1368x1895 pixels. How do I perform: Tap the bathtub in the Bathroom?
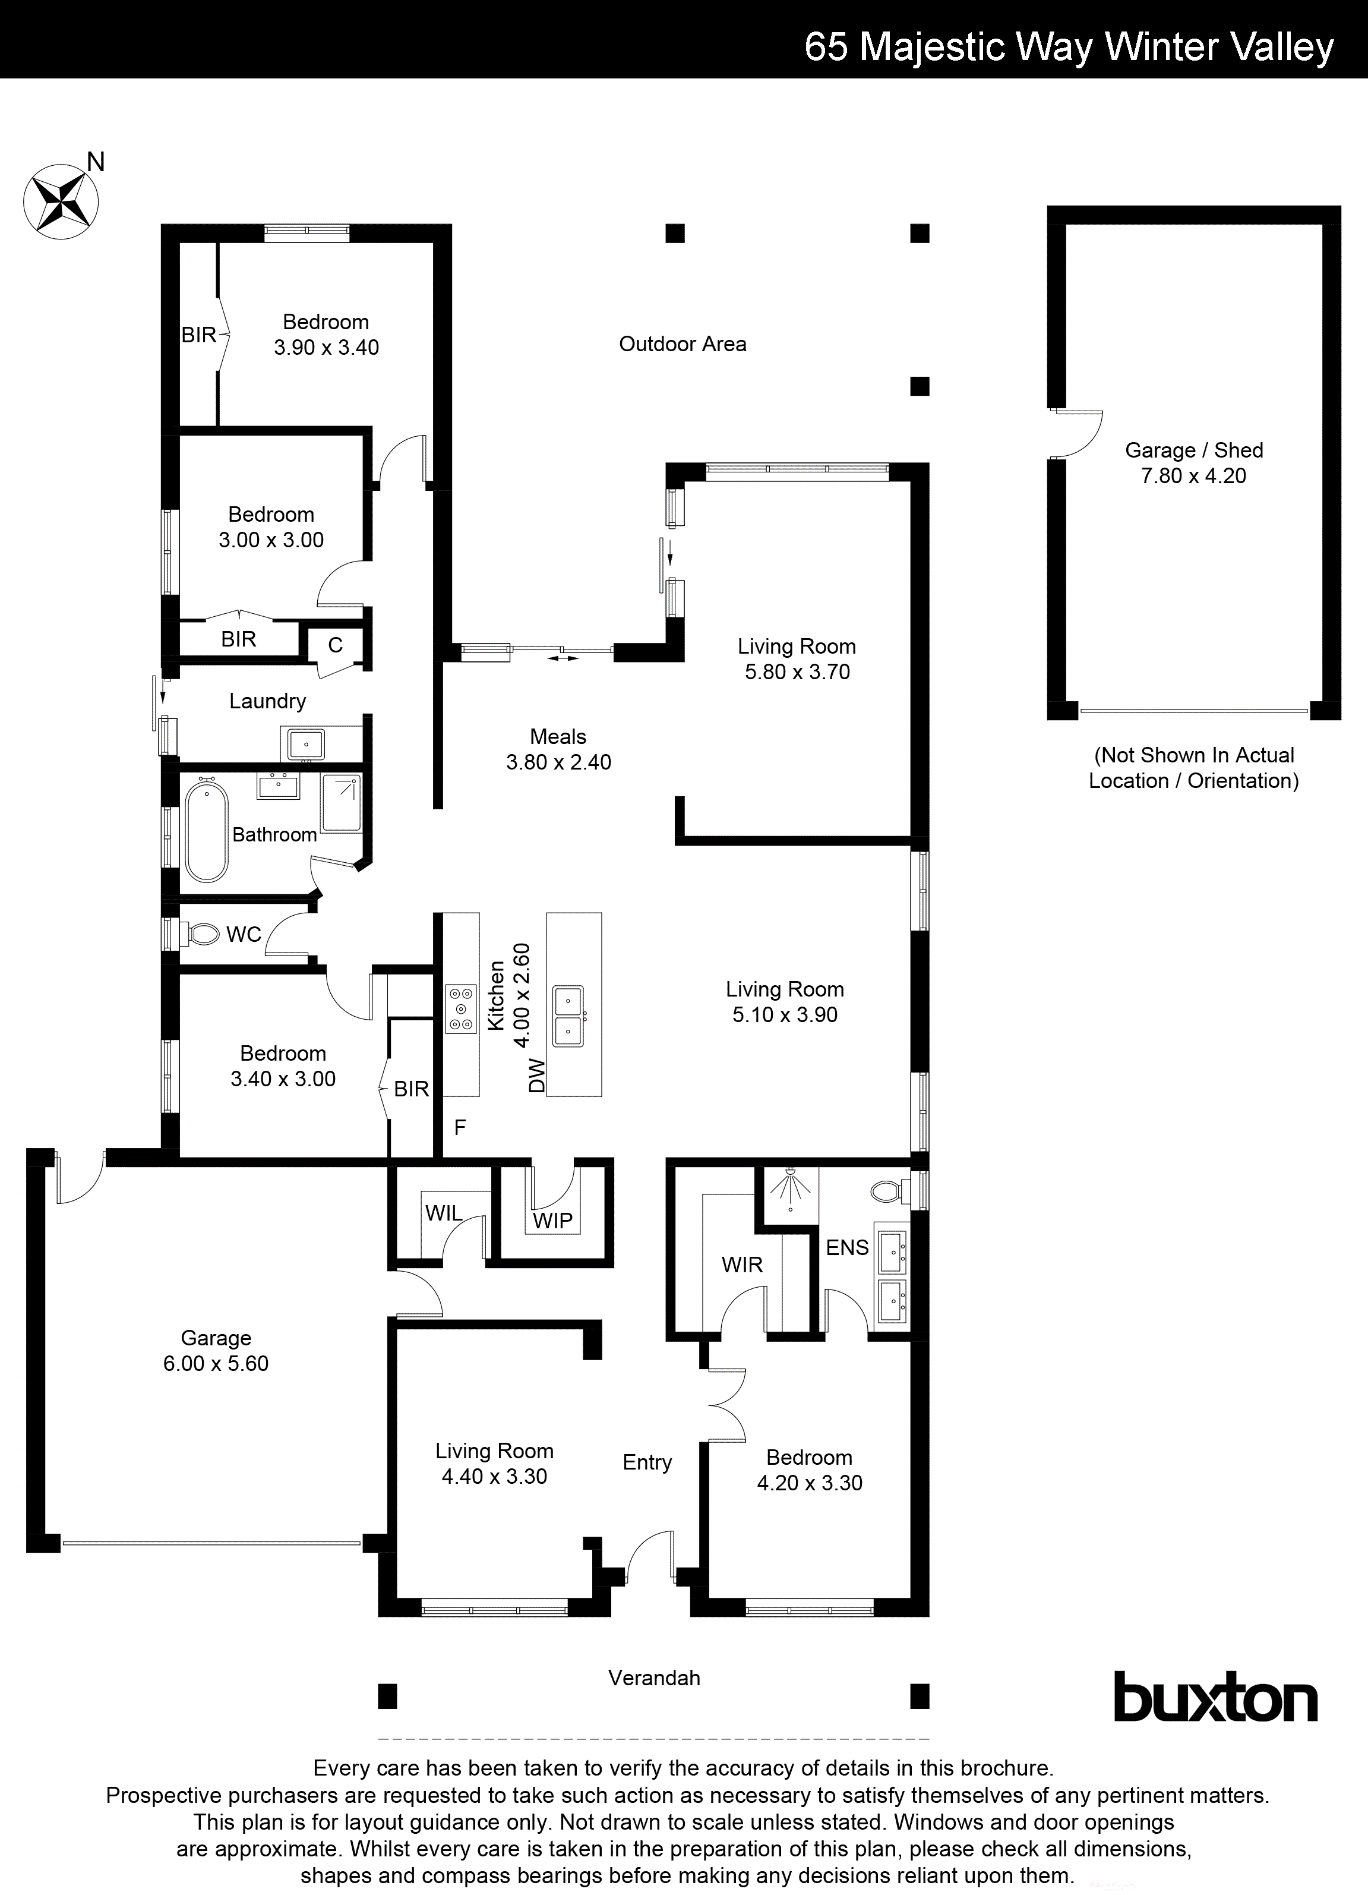point(206,831)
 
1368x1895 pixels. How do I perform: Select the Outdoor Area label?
point(683,343)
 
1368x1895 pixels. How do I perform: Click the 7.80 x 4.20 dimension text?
point(1193,475)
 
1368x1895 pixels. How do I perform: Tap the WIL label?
point(444,1213)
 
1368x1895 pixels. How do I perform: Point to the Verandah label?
point(654,1678)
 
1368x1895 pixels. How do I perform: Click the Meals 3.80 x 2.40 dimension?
point(558,762)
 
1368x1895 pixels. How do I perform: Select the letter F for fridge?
point(459,1127)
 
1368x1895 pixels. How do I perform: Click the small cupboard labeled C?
point(335,645)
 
